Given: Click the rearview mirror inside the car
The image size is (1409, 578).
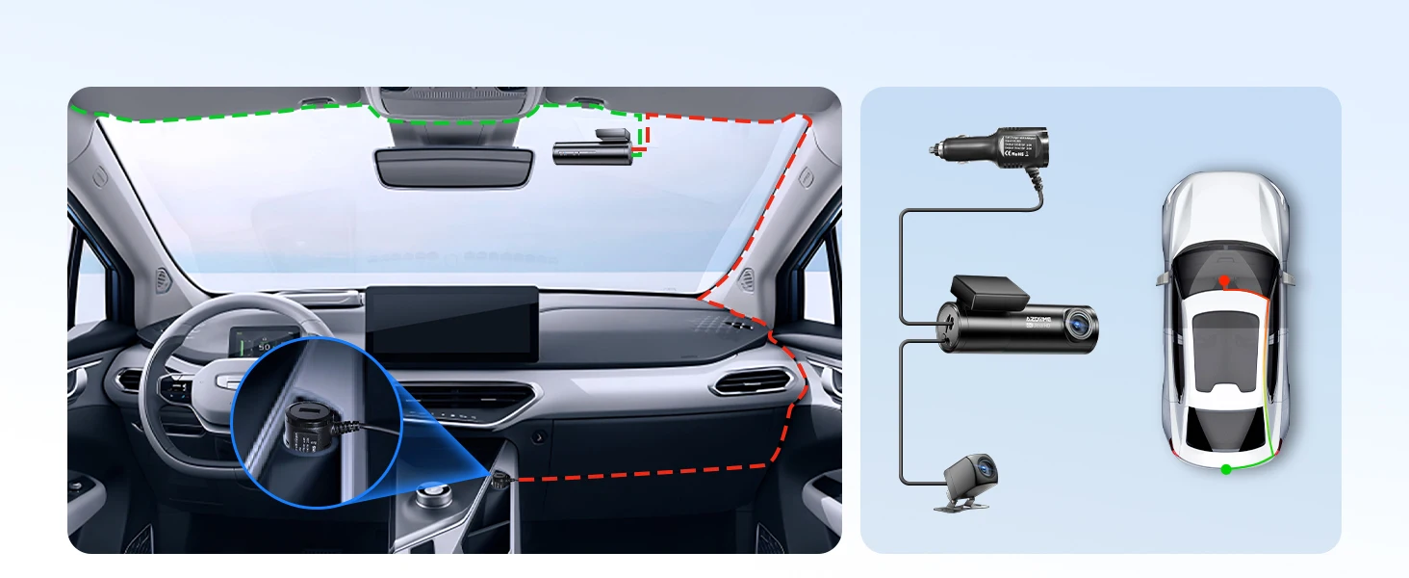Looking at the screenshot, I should [x=452, y=166].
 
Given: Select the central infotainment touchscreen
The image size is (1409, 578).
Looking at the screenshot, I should [x=451, y=323].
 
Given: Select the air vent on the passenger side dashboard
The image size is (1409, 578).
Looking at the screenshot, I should [x=756, y=382].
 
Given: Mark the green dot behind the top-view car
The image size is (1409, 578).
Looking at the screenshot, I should [x=1225, y=469].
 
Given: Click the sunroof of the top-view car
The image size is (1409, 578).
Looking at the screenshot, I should [x=1223, y=347].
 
